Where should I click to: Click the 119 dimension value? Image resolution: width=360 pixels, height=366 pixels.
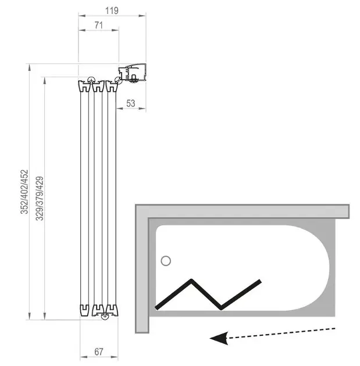click(112, 10)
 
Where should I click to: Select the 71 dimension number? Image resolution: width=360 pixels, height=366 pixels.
click(99, 25)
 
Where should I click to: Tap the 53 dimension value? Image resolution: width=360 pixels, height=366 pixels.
click(131, 103)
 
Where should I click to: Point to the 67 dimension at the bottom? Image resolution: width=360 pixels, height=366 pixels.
click(99, 351)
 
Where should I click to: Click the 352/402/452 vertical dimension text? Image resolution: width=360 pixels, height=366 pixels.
click(24, 192)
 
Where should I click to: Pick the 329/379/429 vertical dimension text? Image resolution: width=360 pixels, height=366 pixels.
click(40, 198)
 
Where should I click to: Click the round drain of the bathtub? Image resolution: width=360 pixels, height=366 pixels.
click(166, 261)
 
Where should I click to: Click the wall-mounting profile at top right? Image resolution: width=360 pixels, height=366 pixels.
click(132, 73)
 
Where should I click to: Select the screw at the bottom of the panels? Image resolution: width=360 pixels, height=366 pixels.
click(105, 317)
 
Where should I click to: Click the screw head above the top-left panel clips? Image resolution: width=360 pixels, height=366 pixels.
click(91, 80)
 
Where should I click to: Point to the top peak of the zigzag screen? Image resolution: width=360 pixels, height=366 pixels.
click(191, 281)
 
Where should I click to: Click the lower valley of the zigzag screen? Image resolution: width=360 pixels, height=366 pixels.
click(221, 308)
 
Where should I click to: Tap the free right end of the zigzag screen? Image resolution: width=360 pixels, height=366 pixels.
click(260, 281)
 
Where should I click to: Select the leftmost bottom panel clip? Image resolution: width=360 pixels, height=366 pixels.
click(84, 310)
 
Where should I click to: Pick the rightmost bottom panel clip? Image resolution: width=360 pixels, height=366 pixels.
click(112, 310)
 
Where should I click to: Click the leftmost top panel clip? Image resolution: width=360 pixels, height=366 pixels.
click(84, 86)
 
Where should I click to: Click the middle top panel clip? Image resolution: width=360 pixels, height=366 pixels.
click(98, 86)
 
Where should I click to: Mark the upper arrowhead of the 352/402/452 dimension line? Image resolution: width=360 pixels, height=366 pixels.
click(29, 67)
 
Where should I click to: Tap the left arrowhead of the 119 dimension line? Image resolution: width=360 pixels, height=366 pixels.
click(82, 16)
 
